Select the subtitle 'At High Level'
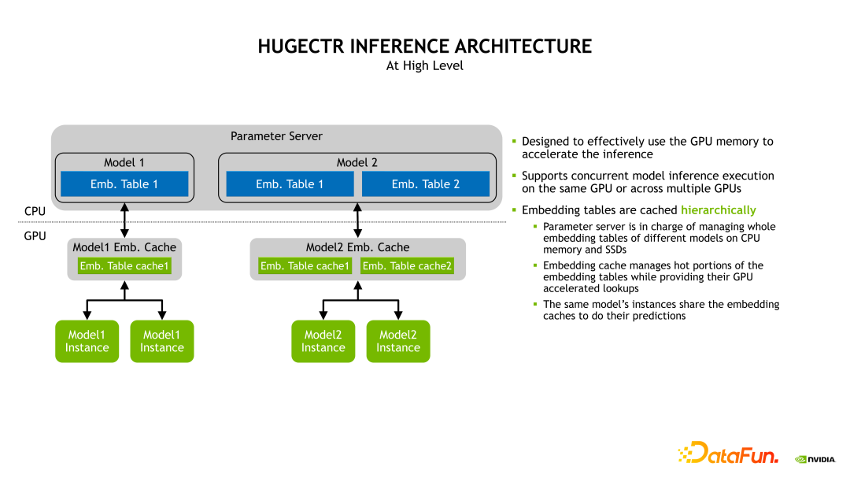pyautogui.click(x=424, y=66)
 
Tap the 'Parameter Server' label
pyautogui.click(x=276, y=136)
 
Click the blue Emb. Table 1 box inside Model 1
pyautogui.click(x=124, y=184)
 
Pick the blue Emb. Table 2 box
pyautogui.click(x=425, y=184)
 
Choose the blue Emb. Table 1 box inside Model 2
pyautogui.click(x=290, y=184)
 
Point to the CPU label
pyautogui.click(x=35, y=211)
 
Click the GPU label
pyautogui.click(x=35, y=235)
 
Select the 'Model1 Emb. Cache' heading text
pyautogui.click(x=124, y=247)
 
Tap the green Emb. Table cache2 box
pyautogui.click(x=407, y=266)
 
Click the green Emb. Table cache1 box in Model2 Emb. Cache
pyautogui.click(x=305, y=266)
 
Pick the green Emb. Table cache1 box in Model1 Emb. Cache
pyautogui.click(x=124, y=266)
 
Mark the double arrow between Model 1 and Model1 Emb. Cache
pyautogui.click(x=124, y=221)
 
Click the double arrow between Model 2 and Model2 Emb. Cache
pyautogui.click(x=358, y=221)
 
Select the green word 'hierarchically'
pyautogui.click(x=718, y=210)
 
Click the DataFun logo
pyautogui.click(x=728, y=453)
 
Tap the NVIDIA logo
pyautogui.click(x=814, y=458)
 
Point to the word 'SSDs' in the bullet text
pyautogui.click(x=611, y=250)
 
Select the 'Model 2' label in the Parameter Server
pyautogui.click(x=357, y=162)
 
